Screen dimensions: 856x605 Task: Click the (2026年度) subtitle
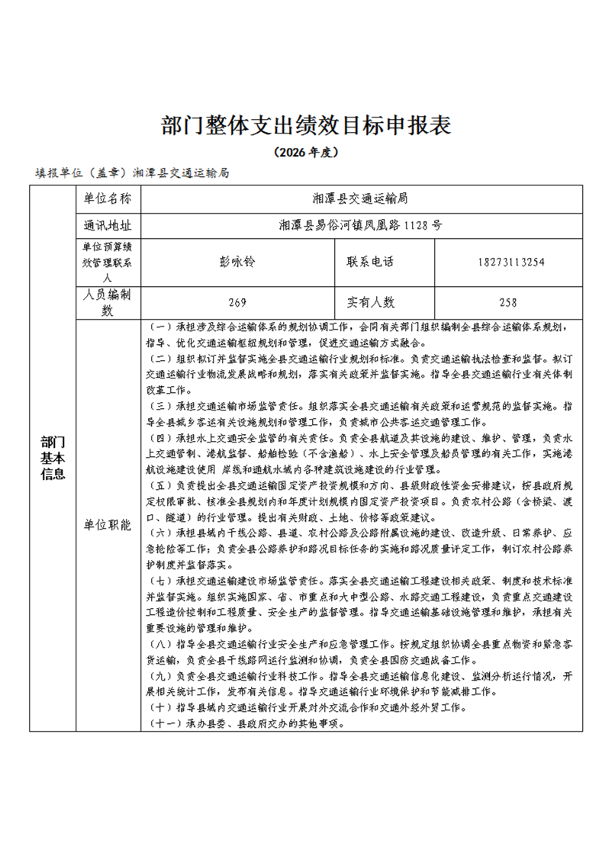pos(303,152)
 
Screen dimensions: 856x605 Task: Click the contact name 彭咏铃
pos(237,262)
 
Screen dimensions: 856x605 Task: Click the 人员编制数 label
pos(108,302)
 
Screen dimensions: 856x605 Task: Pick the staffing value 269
pos(237,302)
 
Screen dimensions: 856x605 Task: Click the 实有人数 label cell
pos(371,302)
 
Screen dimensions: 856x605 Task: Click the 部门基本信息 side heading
pos(52,458)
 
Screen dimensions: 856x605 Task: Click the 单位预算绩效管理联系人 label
pos(108,262)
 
